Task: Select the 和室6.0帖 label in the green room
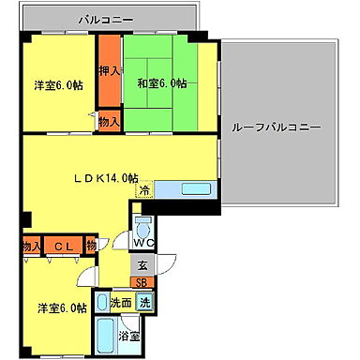[x=159, y=82]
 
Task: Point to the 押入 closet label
[x=109, y=71]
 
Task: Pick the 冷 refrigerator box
[x=144, y=190]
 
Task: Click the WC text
[x=142, y=250]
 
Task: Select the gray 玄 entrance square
[x=141, y=266]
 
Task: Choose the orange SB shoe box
[x=141, y=282]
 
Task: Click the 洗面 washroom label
[x=120, y=303]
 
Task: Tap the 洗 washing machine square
[x=145, y=302]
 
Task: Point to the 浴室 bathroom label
[x=129, y=335]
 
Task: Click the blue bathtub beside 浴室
[x=104, y=334]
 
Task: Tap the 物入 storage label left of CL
[x=31, y=246]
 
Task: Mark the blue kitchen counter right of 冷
[x=186, y=190]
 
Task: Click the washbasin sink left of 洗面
[x=99, y=303]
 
